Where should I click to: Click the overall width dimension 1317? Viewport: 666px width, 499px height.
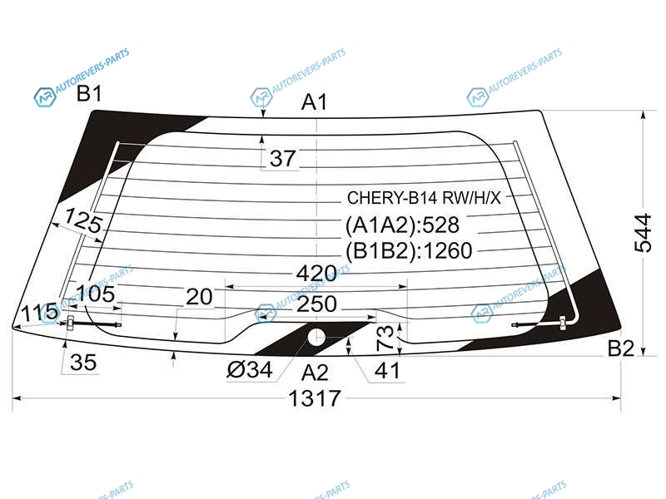315,398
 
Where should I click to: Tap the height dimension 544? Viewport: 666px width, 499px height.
643,233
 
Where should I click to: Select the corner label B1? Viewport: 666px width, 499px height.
89,93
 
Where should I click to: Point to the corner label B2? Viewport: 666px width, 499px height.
620,348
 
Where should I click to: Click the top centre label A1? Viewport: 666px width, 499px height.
315,102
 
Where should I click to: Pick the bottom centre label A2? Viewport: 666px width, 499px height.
315,373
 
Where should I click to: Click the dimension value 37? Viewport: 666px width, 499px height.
282,158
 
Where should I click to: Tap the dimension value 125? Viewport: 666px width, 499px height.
84,220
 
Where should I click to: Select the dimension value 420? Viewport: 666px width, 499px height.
316,274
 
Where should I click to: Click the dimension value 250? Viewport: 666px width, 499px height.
317,304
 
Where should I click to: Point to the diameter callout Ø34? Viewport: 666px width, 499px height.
249,369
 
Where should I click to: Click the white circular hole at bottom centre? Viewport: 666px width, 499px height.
316,338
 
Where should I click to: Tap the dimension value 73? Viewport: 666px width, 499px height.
385,338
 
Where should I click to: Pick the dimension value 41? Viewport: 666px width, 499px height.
387,370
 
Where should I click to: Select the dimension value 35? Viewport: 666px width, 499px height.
83,363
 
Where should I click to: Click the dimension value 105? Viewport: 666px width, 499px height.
95,294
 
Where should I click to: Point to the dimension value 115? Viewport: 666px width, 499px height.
39,313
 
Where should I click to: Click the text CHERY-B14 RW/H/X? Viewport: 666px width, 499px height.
424,198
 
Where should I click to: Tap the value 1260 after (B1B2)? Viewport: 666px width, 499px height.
448,251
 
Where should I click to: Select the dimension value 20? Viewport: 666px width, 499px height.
199,297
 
